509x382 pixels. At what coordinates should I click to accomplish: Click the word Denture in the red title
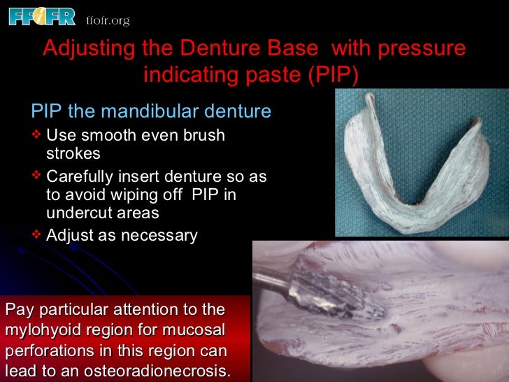coord(206,49)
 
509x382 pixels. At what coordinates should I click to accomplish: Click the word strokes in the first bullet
coord(73,154)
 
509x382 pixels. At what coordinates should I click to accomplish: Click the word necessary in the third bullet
coord(159,236)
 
